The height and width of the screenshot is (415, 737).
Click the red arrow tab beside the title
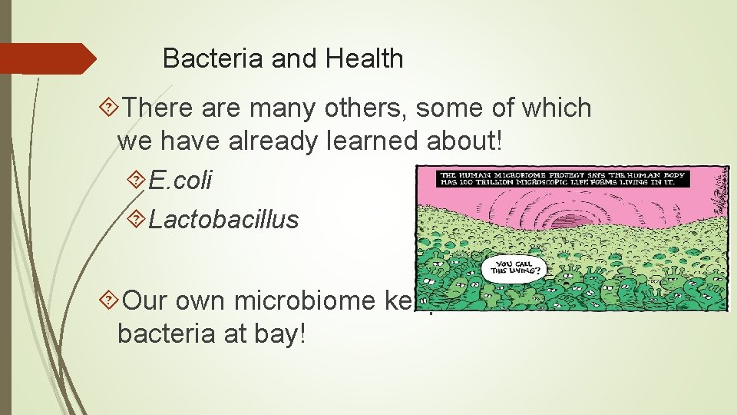coord(46,58)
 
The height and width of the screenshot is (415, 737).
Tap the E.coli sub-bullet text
coord(180,181)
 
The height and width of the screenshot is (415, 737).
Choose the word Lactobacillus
coord(223,220)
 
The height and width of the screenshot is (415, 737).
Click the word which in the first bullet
coord(557,108)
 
